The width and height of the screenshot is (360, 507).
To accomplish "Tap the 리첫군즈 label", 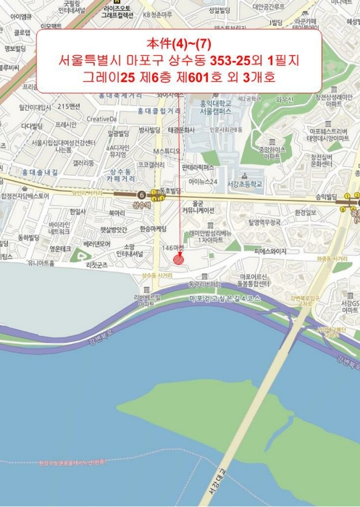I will click(x=97, y=265).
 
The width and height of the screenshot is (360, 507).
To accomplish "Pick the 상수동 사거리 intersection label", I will click(x=157, y=276).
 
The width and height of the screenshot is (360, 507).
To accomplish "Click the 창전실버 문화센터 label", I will click(x=320, y=161).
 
